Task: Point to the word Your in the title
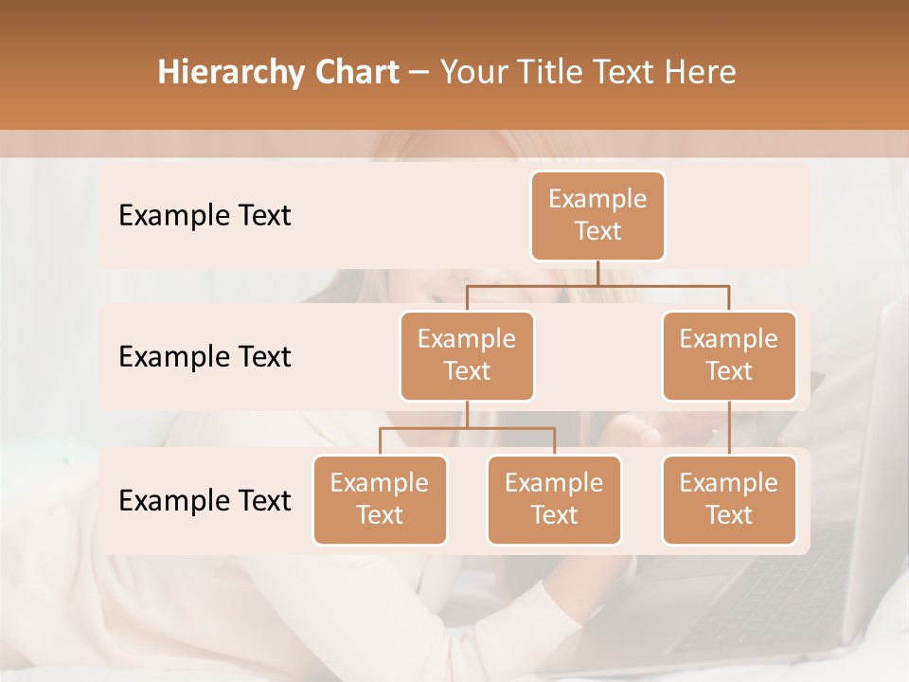coord(472,72)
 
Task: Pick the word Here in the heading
coord(701,72)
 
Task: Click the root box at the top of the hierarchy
coord(597,215)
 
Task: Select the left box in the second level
coord(467,355)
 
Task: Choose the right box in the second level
coord(729,355)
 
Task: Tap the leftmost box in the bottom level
coord(380,499)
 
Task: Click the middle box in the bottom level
coord(554,499)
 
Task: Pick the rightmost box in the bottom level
coord(729,499)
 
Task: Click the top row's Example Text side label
coord(205,215)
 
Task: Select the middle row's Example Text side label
coord(205,356)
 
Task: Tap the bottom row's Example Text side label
coord(205,500)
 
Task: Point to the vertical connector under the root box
coord(597,273)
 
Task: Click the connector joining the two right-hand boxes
coord(729,428)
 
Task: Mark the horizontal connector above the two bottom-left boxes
coord(467,428)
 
